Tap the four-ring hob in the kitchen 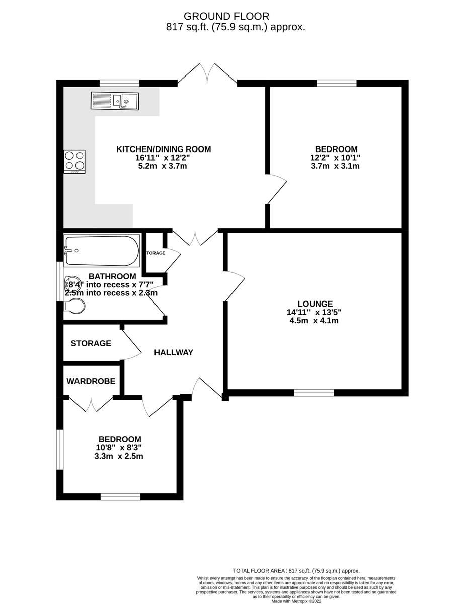[74, 162]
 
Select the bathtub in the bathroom [102, 251]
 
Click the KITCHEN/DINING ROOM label [164, 149]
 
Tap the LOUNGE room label [315, 304]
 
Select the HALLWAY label [174, 352]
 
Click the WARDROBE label [91, 381]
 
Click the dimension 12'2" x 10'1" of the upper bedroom [336, 158]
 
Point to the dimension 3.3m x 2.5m [119, 456]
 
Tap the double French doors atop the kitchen [207, 74]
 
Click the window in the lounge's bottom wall [314, 393]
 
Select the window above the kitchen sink [119, 83]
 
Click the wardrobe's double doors [91, 404]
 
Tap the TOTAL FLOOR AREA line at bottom [295, 571]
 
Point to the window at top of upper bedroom [337, 83]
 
